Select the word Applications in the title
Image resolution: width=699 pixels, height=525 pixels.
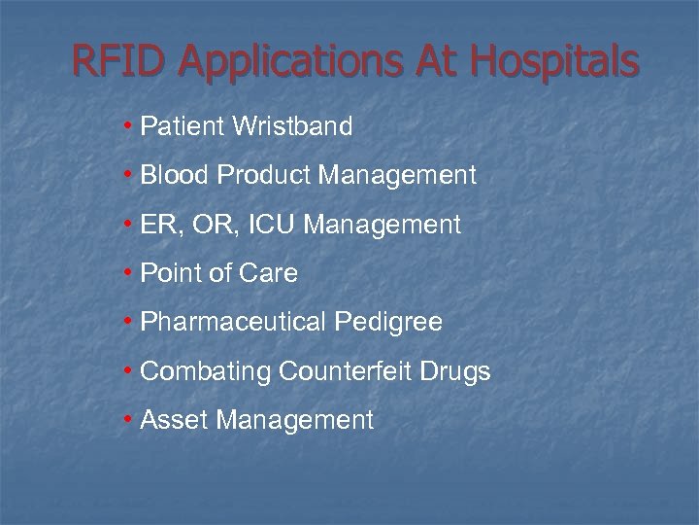pos(289,63)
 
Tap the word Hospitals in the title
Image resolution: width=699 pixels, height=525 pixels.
pos(554,63)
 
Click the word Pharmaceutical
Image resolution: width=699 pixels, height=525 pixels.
pos(233,322)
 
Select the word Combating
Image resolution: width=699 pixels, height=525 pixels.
pos(206,372)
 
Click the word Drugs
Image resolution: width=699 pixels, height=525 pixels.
pos(455,372)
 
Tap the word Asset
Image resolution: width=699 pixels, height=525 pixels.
pos(175,420)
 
